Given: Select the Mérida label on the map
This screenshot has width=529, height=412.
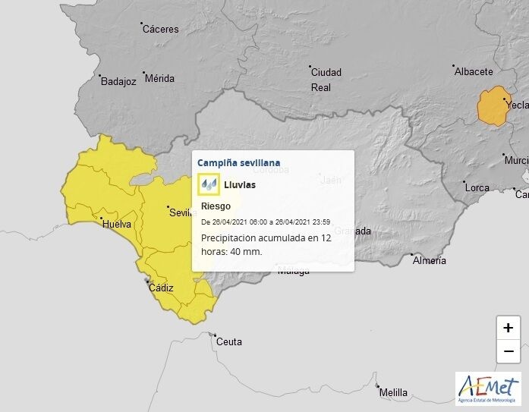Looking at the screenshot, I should [x=159, y=78].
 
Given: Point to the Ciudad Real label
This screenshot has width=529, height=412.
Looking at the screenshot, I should [x=326, y=80].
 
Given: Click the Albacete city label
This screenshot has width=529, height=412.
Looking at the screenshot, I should [x=474, y=72].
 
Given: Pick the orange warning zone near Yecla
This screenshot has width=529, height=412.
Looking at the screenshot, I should [x=493, y=107].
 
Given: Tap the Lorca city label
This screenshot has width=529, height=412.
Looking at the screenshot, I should [x=477, y=187].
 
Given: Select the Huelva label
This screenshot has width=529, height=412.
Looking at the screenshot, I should [x=116, y=224].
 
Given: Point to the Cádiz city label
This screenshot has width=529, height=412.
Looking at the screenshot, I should [x=161, y=288].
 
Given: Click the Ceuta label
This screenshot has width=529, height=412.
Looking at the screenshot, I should [x=228, y=341].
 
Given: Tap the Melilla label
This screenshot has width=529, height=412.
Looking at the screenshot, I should [x=393, y=392].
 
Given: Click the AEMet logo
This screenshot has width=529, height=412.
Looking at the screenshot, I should [x=488, y=388].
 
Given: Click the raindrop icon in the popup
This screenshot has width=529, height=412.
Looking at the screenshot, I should [x=208, y=184].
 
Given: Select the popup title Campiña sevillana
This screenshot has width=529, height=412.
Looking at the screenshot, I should [x=238, y=162].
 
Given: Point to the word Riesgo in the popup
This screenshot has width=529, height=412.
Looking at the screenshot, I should [x=216, y=206].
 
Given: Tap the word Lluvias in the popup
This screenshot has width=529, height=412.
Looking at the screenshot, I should [x=240, y=184].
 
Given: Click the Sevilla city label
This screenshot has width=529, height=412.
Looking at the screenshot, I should [x=181, y=212].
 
